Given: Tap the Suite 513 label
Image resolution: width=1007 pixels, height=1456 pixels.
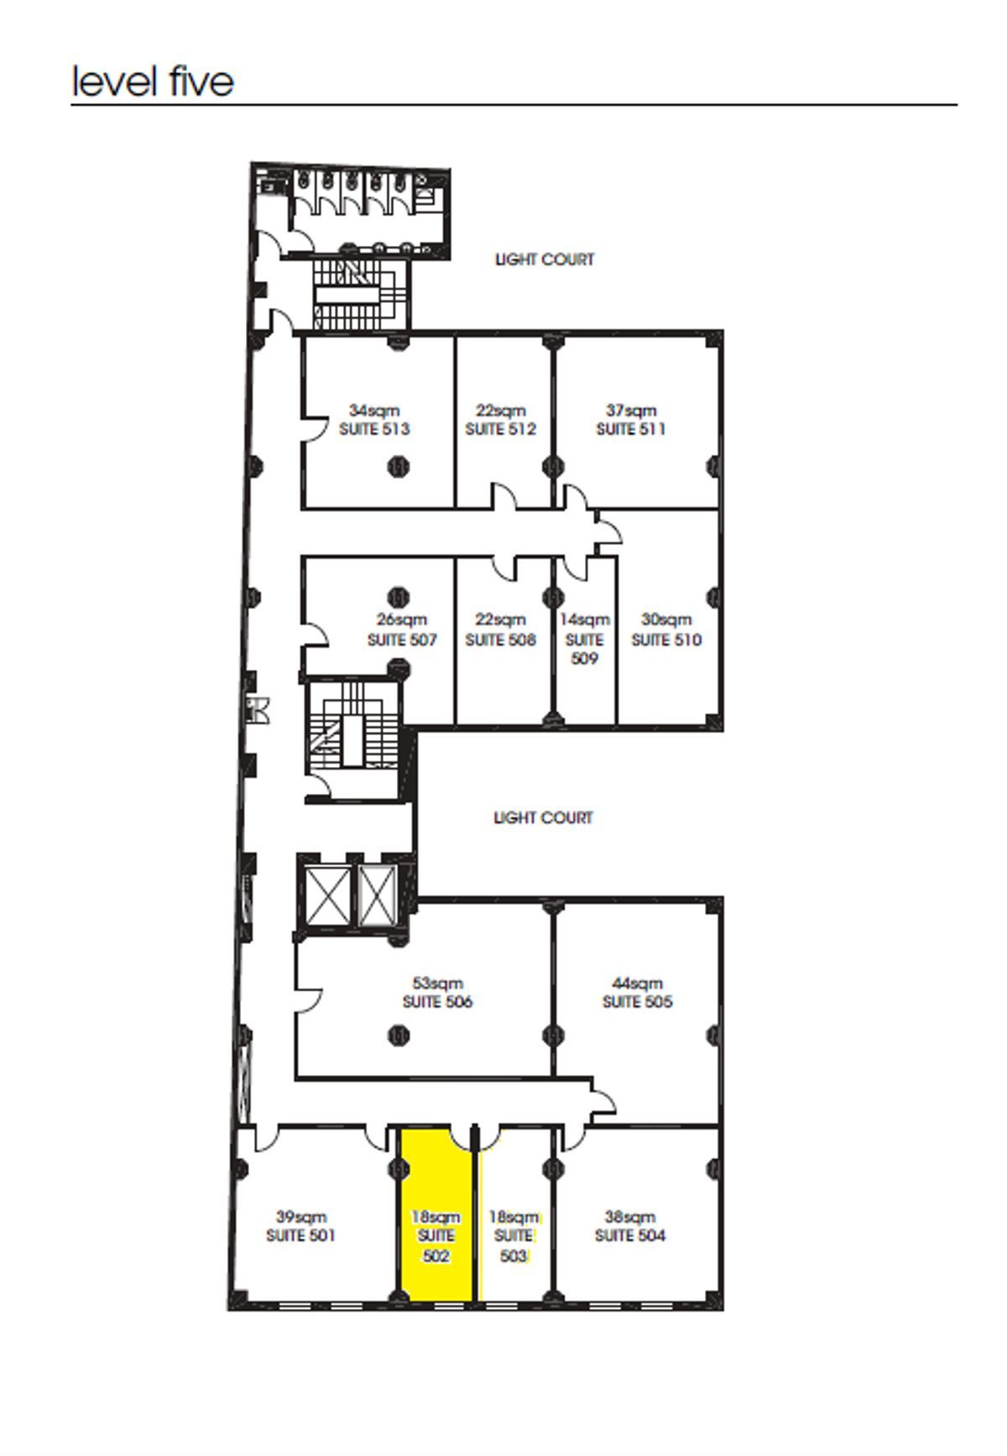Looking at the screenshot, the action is (x=374, y=430).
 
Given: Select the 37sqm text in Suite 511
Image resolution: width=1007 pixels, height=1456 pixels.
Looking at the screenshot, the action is (x=631, y=410).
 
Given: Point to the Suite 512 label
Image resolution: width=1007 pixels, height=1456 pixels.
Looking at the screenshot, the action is (x=500, y=430).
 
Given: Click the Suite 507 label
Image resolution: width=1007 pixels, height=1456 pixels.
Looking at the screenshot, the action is (x=402, y=640).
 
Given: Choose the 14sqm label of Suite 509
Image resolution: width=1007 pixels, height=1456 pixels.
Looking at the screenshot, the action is (x=585, y=620).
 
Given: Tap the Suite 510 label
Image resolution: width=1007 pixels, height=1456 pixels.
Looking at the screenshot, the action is (x=666, y=640).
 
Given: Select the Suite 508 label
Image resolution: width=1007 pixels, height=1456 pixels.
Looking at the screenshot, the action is (x=500, y=640).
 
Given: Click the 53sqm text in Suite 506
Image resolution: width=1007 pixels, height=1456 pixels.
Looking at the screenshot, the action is (x=437, y=983).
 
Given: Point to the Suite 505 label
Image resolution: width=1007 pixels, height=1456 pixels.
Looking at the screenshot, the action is (x=637, y=1002).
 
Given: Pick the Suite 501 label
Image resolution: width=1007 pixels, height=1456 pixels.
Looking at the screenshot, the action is (x=300, y=1236).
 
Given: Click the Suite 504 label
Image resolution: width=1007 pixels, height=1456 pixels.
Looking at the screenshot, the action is (x=630, y=1236).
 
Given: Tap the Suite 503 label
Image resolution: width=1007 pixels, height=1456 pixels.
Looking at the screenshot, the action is (x=514, y=1246).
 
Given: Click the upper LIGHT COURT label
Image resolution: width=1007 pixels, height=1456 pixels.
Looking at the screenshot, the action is (x=545, y=260).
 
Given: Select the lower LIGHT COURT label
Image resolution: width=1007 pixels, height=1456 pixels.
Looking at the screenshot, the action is (x=543, y=818).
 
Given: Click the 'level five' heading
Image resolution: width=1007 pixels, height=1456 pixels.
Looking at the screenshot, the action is (x=153, y=81).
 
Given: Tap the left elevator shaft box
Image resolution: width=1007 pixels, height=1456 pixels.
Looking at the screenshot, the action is (x=327, y=895).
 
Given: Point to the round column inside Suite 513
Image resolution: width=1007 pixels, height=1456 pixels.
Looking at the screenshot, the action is (x=399, y=466).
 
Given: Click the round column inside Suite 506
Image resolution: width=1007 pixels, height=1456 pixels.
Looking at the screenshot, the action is (x=399, y=1036).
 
